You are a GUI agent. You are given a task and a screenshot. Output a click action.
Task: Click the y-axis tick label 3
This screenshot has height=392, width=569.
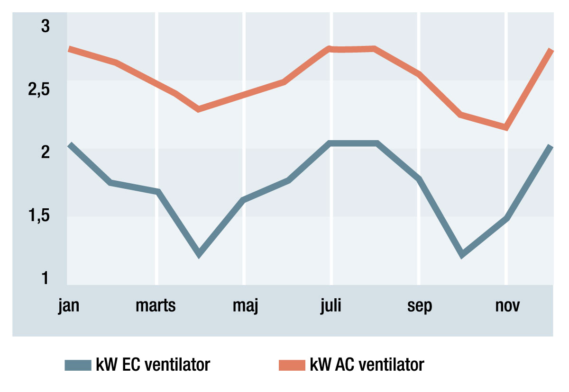(46, 27)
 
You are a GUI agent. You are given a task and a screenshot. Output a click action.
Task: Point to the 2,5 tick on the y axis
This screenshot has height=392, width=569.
(39, 90)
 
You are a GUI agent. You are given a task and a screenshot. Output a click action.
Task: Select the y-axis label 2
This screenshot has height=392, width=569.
(46, 152)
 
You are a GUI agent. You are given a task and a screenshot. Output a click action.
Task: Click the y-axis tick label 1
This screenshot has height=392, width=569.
(46, 278)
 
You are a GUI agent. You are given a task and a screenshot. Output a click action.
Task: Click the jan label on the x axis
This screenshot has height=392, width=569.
(69, 306)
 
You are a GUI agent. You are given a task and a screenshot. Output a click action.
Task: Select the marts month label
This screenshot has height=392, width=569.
(156, 306)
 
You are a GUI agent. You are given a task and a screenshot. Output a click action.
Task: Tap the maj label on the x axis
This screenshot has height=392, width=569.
(245, 306)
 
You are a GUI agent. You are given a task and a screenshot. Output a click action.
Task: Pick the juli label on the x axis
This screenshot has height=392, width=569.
(331, 306)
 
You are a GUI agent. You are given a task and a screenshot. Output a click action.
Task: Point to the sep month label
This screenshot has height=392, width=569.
(420, 306)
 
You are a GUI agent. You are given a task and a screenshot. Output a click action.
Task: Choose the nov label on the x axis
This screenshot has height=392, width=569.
(507, 306)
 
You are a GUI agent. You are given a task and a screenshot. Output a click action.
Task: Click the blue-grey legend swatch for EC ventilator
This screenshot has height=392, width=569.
(77, 365)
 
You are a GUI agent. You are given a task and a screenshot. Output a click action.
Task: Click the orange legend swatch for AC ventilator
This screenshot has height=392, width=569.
(291, 365)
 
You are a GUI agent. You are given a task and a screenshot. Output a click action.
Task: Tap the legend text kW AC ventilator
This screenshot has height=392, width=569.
(367, 365)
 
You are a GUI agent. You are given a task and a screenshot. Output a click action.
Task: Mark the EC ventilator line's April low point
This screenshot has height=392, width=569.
(199, 254)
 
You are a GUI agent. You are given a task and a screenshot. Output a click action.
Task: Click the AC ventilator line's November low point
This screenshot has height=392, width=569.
(506, 127)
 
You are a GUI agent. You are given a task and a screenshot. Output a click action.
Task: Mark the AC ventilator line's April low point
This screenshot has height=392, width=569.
(198, 109)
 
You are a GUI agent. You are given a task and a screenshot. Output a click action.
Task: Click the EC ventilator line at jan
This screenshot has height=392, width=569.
(70, 144)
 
